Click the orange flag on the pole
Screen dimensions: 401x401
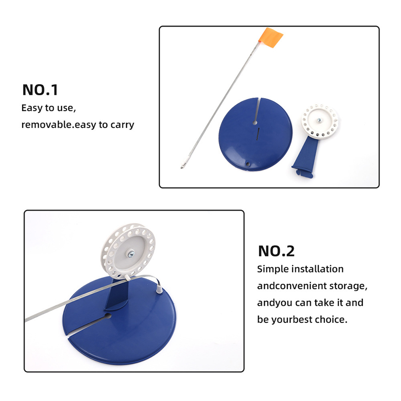(x=271, y=38)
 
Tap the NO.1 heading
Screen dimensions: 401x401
(x=40, y=90)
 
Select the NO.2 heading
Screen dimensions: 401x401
(x=277, y=251)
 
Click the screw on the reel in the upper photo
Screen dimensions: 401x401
(x=319, y=120)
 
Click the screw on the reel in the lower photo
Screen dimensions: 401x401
(x=131, y=254)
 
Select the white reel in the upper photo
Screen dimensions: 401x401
(x=320, y=122)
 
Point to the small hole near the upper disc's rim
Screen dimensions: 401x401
(x=247, y=164)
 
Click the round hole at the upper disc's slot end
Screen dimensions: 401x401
(x=255, y=123)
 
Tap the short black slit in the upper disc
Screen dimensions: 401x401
(x=258, y=133)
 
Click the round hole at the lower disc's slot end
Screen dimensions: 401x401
(x=108, y=316)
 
